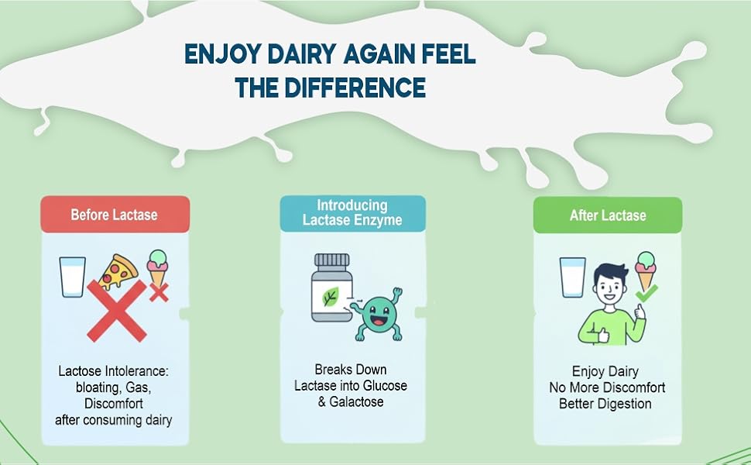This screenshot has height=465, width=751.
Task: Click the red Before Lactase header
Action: tap(115, 214)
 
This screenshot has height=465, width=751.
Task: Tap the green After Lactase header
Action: tap(608, 215)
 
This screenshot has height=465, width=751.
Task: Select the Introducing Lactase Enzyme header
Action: tap(353, 213)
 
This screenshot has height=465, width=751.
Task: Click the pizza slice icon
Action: tap(118, 270)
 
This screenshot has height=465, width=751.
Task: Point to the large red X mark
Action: tap(117, 311)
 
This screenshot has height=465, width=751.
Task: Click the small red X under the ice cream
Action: tap(159, 292)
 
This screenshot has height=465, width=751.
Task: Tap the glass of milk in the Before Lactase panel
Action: tap(72, 277)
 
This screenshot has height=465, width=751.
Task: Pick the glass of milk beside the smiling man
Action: tap(573, 277)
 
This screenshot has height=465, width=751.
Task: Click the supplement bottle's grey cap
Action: tap(331, 261)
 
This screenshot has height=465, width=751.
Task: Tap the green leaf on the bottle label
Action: tap(330, 297)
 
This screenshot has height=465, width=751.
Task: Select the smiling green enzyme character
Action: tap(379, 314)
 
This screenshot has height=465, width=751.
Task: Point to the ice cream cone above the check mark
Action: tap(645, 270)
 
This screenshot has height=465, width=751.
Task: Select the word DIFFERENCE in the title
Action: tap(355, 88)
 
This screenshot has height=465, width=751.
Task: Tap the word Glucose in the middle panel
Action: tap(385, 385)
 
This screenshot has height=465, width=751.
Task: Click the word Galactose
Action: tap(356, 401)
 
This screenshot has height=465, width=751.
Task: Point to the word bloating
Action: tap(98, 387)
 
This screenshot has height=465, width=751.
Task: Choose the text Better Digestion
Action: tap(605, 404)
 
